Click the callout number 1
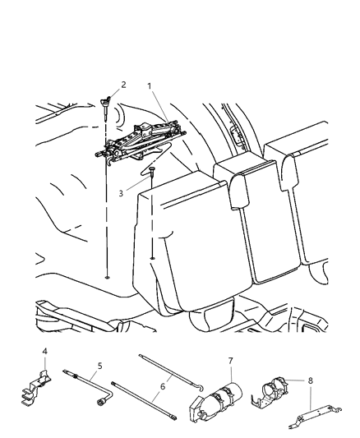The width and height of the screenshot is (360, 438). (149, 85)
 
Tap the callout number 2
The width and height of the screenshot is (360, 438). (122, 84)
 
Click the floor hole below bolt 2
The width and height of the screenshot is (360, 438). (108, 277)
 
